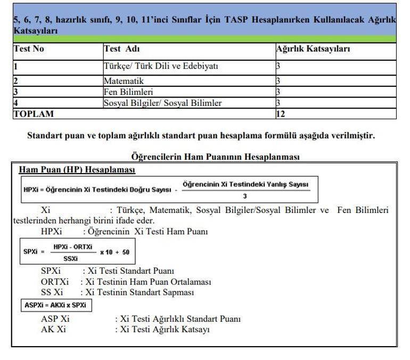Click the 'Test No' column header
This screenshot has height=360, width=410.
pos(29,50)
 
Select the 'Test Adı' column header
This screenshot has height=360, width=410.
pos(121,50)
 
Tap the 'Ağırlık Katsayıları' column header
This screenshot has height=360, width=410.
pos(313,50)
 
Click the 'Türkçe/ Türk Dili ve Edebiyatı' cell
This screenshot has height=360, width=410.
pos(161,67)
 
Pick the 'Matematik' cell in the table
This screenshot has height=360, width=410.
pos(124,81)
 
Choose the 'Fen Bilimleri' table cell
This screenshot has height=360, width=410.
pos(128,92)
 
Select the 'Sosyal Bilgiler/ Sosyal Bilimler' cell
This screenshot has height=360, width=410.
pos(162,103)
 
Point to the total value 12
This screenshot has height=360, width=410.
pos(281,113)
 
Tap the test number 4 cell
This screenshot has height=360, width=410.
pos(16,103)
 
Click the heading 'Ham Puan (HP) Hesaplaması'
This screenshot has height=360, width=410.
pos(77,170)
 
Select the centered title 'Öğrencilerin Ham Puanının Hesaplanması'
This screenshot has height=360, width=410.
pos(215,157)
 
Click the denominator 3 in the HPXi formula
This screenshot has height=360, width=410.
pos(244,196)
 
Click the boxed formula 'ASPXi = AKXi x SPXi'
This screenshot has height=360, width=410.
pos(56,305)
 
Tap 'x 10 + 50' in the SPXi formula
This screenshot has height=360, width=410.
pos(114,251)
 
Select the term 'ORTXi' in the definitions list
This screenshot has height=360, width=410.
pos(55,282)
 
